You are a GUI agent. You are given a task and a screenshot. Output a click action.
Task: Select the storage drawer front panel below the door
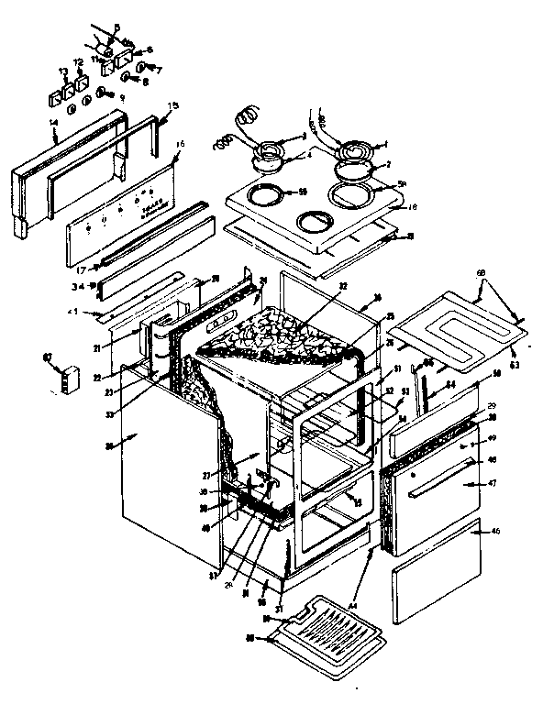point(437,568)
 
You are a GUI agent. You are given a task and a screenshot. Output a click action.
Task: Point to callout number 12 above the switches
point(78,62)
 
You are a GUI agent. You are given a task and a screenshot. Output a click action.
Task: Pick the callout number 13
point(62,71)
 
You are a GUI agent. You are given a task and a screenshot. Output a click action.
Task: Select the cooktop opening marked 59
point(265,193)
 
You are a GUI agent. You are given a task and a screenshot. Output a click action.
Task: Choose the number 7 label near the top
point(158,70)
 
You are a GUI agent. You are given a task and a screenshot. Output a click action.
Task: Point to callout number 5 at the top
point(116,26)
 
